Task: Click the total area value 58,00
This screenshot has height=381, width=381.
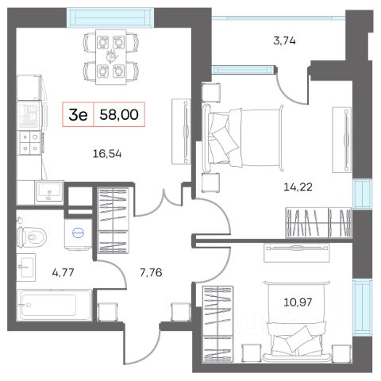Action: click(x=119, y=115)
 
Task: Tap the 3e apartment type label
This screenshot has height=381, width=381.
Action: click(x=78, y=115)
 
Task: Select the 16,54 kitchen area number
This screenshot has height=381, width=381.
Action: click(x=107, y=154)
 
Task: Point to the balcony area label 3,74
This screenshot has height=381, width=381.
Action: click(x=284, y=40)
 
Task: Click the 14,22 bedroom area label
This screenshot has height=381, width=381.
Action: click(x=298, y=187)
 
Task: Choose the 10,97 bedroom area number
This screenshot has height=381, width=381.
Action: click(x=298, y=302)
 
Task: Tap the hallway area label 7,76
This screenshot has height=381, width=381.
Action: click(x=151, y=272)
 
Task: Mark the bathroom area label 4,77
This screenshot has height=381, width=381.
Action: click(x=63, y=272)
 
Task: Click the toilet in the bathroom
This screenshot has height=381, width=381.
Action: click(x=31, y=235)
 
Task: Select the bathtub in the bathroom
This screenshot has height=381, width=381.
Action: click(x=54, y=305)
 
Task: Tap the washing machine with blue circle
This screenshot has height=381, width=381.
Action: click(x=79, y=233)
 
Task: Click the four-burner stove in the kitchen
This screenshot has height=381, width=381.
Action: click(x=29, y=143)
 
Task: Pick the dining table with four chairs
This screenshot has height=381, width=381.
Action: click(x=111, y=56)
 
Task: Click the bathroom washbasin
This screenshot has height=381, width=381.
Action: click(x=26, y=267)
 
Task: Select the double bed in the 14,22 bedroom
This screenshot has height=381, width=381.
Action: click(x=242, y=137)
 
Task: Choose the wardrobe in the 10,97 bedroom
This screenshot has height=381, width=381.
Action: click(x=217, y=324)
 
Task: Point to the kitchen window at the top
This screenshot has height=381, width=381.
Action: click(x=110, y=17)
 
